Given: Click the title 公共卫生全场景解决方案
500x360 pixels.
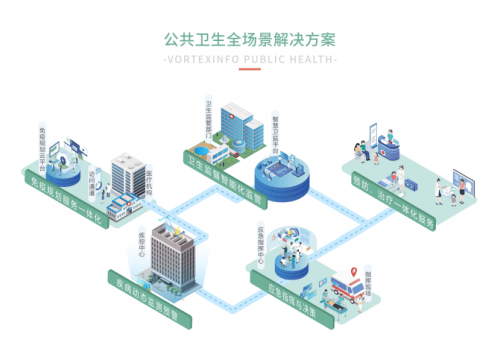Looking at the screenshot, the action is tap(249, 41).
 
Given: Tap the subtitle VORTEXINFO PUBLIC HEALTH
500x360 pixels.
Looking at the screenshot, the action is tap(249, 59).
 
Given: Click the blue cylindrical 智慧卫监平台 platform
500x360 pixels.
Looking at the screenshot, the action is tap(279, 177).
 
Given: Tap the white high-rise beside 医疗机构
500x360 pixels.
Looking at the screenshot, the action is tap(128, 175).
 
